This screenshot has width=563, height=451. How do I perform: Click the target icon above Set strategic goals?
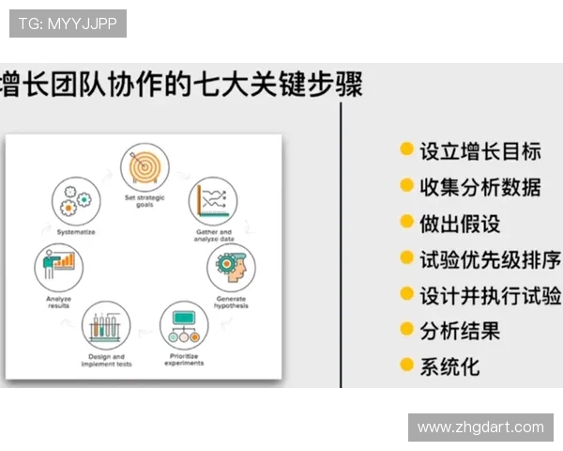[144, 167]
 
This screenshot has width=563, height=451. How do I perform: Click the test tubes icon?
[105, 326]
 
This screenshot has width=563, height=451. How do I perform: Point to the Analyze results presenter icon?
[57, 268]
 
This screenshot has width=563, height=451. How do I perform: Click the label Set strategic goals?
[144, 200]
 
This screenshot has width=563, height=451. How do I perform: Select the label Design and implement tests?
[105, 360]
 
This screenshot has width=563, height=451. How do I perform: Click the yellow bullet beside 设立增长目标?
[406, 149]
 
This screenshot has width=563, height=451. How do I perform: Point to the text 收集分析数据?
[479, 187]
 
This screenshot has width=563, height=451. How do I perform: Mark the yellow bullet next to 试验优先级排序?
[406, 258]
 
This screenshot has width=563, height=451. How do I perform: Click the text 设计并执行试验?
[489, 295]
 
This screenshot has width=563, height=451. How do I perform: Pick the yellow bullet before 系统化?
[406, 365]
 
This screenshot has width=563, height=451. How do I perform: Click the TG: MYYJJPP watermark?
[68, 23]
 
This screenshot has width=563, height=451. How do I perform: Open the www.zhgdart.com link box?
[480, 427]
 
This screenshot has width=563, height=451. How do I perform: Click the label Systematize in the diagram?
[76, 231]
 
